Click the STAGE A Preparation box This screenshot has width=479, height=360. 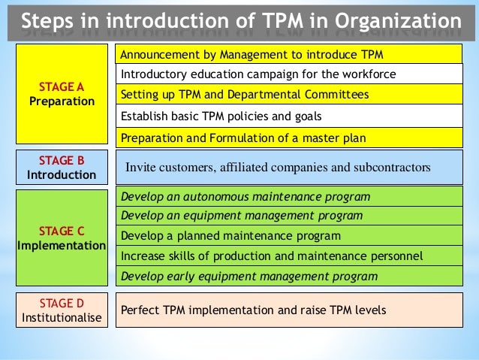pos(62,93)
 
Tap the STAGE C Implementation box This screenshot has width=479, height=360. pos(62,238)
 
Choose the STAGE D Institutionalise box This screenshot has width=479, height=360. pos(62,310)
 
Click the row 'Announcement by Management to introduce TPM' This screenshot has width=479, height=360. pos(288,54)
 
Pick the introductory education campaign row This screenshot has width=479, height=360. pos(288,74)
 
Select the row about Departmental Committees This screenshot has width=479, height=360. pos(288,95)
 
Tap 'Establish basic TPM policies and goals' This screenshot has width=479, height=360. pos(288,116)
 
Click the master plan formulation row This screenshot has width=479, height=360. pos(288,138)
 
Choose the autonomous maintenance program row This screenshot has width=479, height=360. pos(288,196)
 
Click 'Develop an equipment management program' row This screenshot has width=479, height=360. pos(288,216)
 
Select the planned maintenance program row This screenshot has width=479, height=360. pos(288,235)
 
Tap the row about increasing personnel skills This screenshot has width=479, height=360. pos(288,256)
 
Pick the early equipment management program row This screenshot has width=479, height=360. pos(288,277)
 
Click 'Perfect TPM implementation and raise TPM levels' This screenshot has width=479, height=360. pos(288,310)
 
